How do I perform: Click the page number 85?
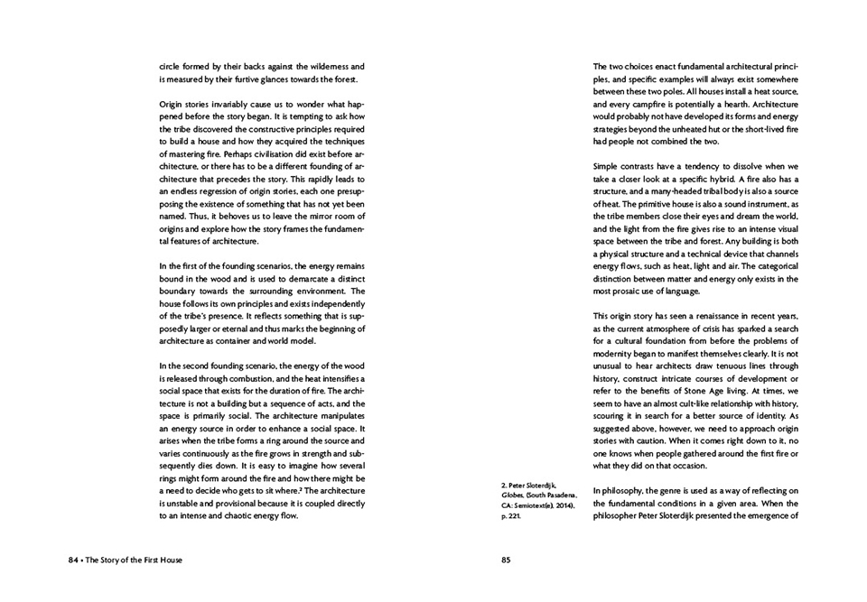[x=506, y=560]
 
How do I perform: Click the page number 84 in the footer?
[x=73, y=560]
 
